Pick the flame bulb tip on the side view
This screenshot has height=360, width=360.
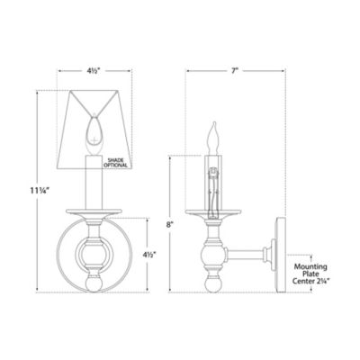pyautogui.click(x=214, y=131)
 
